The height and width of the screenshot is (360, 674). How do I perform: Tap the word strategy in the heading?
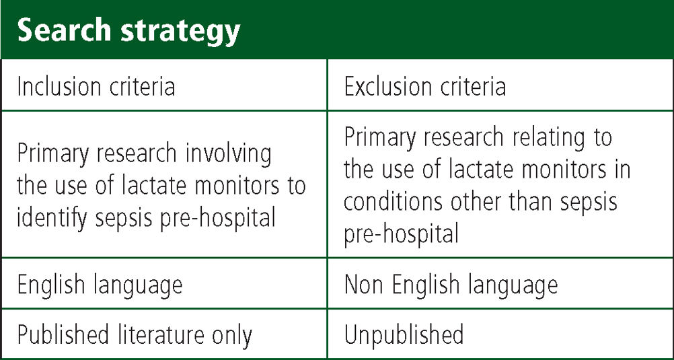click(x=180, y=33)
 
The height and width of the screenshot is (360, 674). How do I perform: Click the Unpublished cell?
click(x=404, y=334)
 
